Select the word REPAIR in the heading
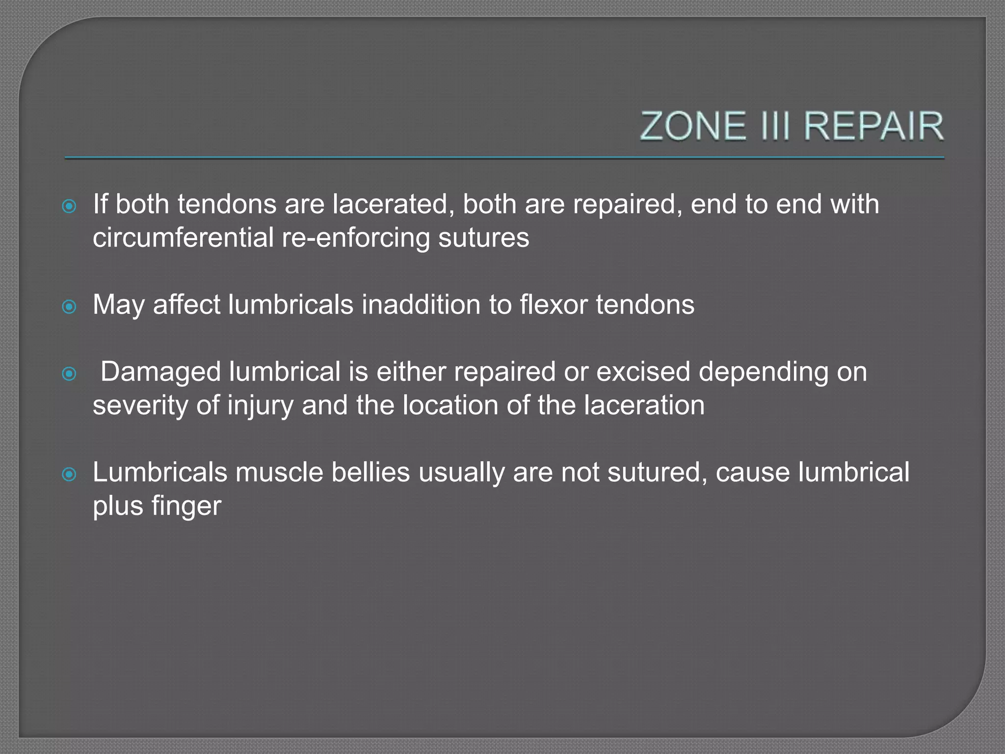[873, 126]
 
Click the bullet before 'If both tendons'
[69, 206]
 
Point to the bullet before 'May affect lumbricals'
[69, 307]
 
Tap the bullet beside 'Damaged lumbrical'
[69, 374]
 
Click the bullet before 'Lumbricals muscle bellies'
[69, 474]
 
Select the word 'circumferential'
[183, 238]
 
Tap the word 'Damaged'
[160, 372]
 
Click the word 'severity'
[141, 405]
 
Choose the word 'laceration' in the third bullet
[644, 405]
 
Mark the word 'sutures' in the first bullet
[483, 238]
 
